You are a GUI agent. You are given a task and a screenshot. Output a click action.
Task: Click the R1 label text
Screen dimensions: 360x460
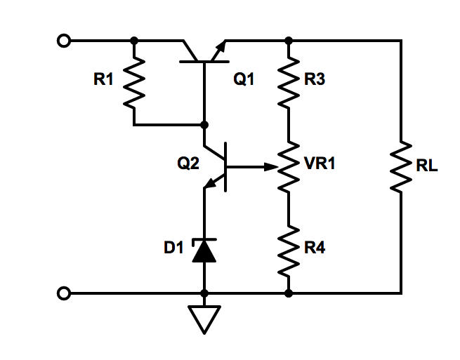[x=103, y=80]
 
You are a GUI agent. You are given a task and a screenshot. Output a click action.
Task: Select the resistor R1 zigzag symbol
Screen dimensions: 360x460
[x=134, y=82]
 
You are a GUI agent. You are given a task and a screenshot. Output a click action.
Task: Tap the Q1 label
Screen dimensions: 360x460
[x=244, y=80]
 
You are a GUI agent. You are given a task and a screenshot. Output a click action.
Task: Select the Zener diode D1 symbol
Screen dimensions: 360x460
[x=204, y=250]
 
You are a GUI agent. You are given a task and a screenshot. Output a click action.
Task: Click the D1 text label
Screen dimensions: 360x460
[x=173, y=248]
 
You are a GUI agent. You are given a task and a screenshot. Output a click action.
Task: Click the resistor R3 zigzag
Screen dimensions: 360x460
[x=288, y=82]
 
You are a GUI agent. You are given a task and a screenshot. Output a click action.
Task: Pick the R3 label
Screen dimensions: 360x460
[x=315, y=80]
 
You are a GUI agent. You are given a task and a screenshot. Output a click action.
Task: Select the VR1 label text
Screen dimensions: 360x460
[x=320, y=164]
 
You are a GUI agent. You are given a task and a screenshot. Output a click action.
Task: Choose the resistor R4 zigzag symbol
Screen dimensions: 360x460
[x=288, y=250]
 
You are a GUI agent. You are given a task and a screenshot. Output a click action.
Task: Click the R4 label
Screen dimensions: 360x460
[x=315, y=248]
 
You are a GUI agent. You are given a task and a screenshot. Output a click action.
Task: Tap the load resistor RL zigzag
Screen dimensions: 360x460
[x=401, y=167]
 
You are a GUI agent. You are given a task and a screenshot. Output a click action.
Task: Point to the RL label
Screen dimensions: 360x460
[x=426, y=167]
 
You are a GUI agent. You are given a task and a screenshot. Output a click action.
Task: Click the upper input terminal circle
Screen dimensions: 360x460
[x=64, y=41]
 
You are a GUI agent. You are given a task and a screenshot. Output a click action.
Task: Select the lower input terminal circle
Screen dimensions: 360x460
[x=64, y=293]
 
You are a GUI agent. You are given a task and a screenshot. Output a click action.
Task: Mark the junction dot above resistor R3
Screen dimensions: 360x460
[x=288, y=41]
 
